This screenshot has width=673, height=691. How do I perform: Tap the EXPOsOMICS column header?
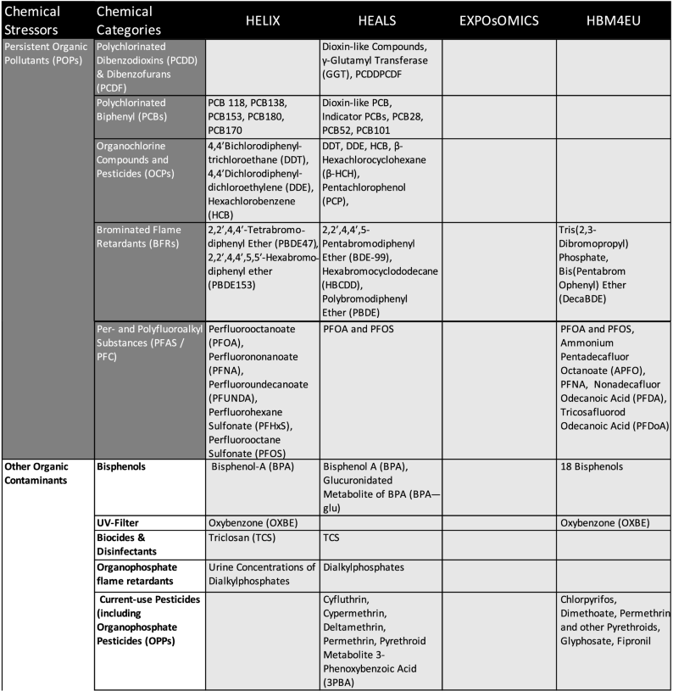coord(498,20)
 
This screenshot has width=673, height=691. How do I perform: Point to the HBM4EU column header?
coord(613,20)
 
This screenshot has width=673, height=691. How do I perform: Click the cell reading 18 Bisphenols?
coord(592,466)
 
